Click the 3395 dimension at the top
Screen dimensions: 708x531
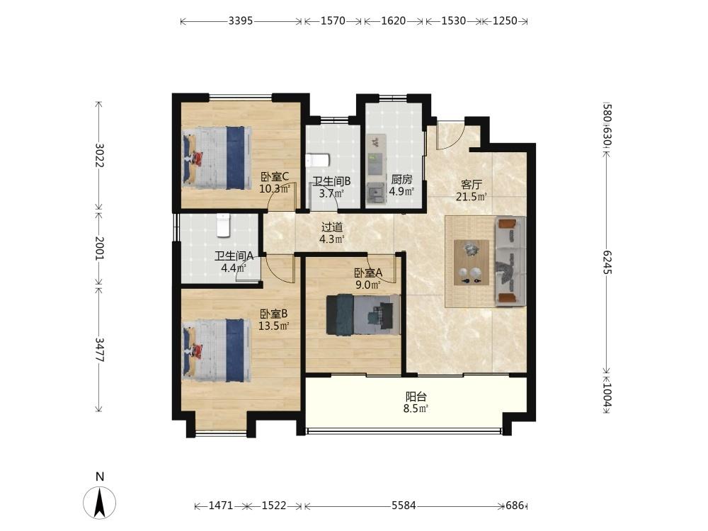point(240,21)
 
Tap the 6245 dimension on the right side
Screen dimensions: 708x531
point(607,263)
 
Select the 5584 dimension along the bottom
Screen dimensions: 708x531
point(404,506)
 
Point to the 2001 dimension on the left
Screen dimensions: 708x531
point(99,248)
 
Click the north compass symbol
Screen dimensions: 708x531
point(99,502)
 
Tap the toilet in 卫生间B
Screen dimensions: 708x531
point(318,160)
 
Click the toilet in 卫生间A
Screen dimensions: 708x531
point(224,225)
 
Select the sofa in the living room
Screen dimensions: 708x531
point(510,261)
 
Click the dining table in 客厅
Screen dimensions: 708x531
point(472,263)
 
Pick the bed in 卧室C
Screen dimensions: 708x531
point(217,158)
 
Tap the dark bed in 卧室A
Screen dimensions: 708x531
point(363,315)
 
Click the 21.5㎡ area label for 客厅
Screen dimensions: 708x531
point(471,196)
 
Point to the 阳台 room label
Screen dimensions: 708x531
point(416,397)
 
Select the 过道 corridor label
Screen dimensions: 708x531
point(332,227)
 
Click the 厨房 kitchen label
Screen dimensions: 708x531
point(401,179)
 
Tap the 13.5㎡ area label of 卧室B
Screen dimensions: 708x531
point(273,326)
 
